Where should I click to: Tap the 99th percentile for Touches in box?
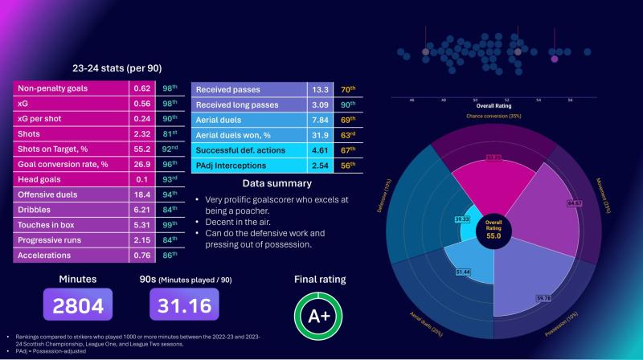pyautogui.click(x=166, y=223)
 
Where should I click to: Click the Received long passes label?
pyautogui.click(x=237, y=105)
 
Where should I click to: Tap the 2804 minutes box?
pyautogui.click(x=79, y=306)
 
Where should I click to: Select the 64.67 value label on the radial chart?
pyautogui.click(x=551, y=204)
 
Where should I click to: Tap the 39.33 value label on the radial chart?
pyautogui.click(x=462, y=218)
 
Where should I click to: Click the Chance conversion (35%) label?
pyautogui.click(x=494, y=116)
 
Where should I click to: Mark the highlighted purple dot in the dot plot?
pyautogui.click(x=554, y=58)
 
